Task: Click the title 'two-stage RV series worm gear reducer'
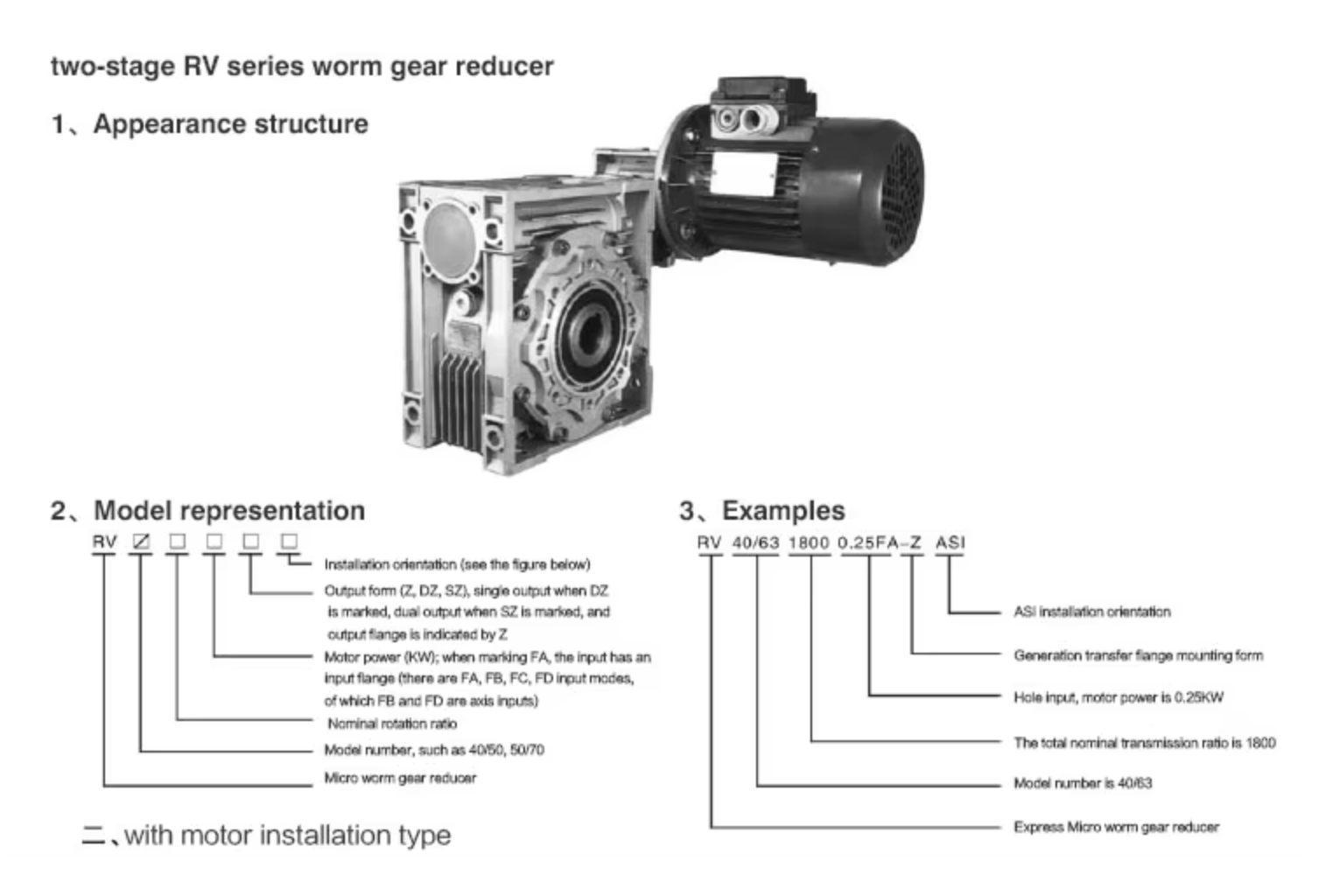point(302,66)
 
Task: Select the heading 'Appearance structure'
point(230,124)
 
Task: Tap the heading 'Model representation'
point(228,510)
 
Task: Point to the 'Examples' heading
point(783,510)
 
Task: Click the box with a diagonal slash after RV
point(141,542)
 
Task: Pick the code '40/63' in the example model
point(755,542)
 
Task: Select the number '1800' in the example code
point(809,542)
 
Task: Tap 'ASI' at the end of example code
point(950,542)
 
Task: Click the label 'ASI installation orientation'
point(1091,612)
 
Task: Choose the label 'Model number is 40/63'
point(1083,783)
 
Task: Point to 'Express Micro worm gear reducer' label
point(1116,827)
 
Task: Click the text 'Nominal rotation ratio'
point(392,724)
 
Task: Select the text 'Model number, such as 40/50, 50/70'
point(434,750)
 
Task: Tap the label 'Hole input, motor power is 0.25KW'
point(1118,697)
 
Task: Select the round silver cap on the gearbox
point(451,230)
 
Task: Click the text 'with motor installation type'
point(287,836)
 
